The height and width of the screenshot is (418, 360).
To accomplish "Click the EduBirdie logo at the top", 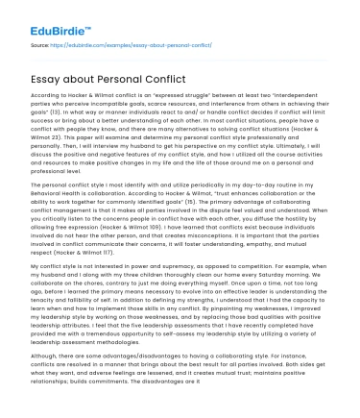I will point(42,17).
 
